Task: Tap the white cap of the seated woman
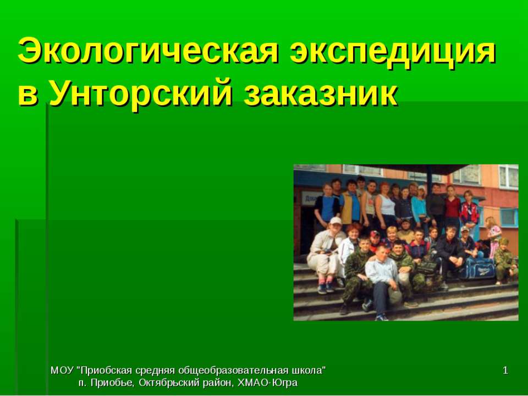(335, 221)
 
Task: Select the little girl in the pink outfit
(493, 234)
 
